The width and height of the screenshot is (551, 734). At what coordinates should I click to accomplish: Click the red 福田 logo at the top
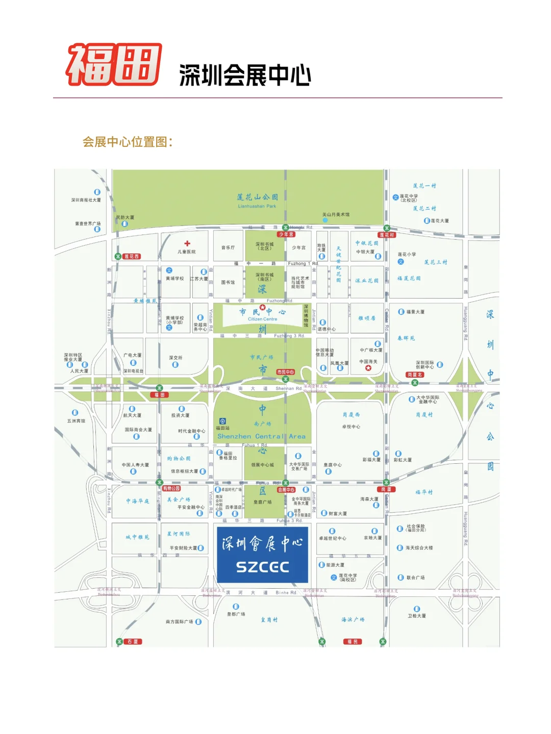click(114, 64)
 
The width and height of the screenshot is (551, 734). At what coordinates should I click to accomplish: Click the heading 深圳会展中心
click(245, 75)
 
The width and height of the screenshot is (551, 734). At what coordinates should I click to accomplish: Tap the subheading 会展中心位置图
click(128, 142)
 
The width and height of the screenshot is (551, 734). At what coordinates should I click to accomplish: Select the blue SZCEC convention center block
click(262, 555)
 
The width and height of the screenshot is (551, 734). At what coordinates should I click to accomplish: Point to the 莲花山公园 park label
click(257, 197)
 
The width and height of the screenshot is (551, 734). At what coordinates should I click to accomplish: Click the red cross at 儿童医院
click(187, 244)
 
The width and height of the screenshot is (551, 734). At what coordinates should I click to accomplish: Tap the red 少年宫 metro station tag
click(286, 234)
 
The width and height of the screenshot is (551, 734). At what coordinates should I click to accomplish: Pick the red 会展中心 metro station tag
click(286, 489)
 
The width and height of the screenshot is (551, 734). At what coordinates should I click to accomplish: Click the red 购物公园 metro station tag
click(171, 488)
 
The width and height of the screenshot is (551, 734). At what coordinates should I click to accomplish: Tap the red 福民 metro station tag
click(353, 642)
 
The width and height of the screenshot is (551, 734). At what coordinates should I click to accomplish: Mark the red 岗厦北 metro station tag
click(415, 375)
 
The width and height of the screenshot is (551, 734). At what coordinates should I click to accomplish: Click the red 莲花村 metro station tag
click(387, 235)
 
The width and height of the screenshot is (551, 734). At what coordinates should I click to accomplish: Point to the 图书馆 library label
click(228, 282)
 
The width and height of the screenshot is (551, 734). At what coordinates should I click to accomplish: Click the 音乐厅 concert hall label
click(228, 248)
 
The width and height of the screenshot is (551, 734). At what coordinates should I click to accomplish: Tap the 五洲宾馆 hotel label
click(77, 421)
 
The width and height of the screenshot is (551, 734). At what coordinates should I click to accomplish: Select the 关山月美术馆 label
click(336, 215)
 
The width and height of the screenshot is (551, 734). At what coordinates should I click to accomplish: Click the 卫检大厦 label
click(416, 616)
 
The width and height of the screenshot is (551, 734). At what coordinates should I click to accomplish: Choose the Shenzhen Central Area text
click(261, 436)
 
